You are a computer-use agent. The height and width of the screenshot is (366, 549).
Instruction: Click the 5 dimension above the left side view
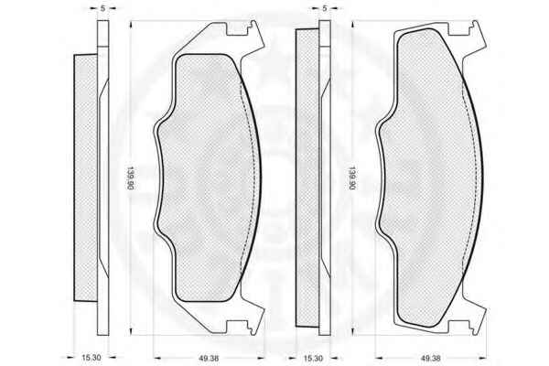coord(102,8)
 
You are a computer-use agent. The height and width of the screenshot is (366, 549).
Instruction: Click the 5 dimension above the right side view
coord(325,8)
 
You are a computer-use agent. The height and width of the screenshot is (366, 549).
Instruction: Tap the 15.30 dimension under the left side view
coord(91,358)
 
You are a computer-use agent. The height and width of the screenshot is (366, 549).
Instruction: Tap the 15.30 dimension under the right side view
coord(313,358)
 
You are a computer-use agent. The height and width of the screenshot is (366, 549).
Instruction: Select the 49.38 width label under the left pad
coord(209,359)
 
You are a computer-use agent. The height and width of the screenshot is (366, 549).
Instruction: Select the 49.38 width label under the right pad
coord(430,359)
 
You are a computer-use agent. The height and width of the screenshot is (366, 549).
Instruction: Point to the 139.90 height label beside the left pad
coord(130,178)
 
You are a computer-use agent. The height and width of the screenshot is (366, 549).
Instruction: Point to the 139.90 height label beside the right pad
coord(351,178)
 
